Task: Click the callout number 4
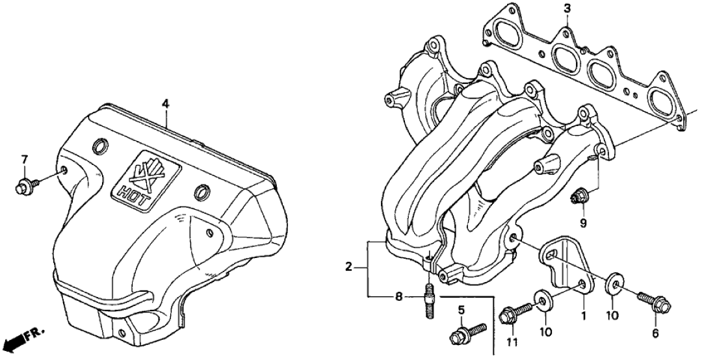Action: tap(166, 104)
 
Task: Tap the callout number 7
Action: tap(25, 159)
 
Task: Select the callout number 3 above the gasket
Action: tap(567, 8)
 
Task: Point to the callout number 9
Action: tap(583, 222)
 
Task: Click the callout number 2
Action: tap(348, 268)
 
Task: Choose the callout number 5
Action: tap(461, 309)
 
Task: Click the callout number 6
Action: tap(655, 333)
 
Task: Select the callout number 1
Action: tap(583, 316)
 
